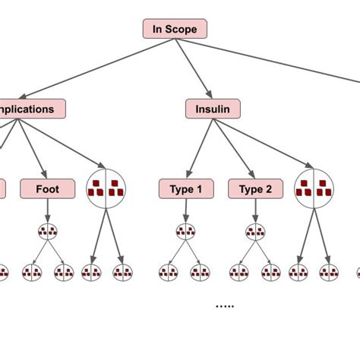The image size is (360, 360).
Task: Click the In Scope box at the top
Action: click(175, 30)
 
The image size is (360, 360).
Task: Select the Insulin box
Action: click(213, 109)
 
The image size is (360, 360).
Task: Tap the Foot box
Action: click(47, 188)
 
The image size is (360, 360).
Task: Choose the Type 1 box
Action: click(186, 189)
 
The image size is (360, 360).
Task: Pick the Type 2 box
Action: click(255, 189)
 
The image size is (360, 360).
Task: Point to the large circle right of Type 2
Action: click(313, 188)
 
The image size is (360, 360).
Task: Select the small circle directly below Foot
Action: click(47, 231)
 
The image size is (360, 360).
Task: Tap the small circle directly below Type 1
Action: click(186, 231)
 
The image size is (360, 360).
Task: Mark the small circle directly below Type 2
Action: click(255, 231)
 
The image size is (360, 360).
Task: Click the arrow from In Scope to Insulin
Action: click(194, 69)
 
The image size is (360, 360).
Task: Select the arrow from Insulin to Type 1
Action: click(200, 148)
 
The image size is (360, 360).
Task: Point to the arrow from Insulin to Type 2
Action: click(233, 148)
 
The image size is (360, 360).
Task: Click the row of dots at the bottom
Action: click(225, 305)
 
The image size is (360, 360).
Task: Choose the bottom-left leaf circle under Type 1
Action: click(169, 271)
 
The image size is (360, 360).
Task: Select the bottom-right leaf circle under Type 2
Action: click(272, 271)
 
